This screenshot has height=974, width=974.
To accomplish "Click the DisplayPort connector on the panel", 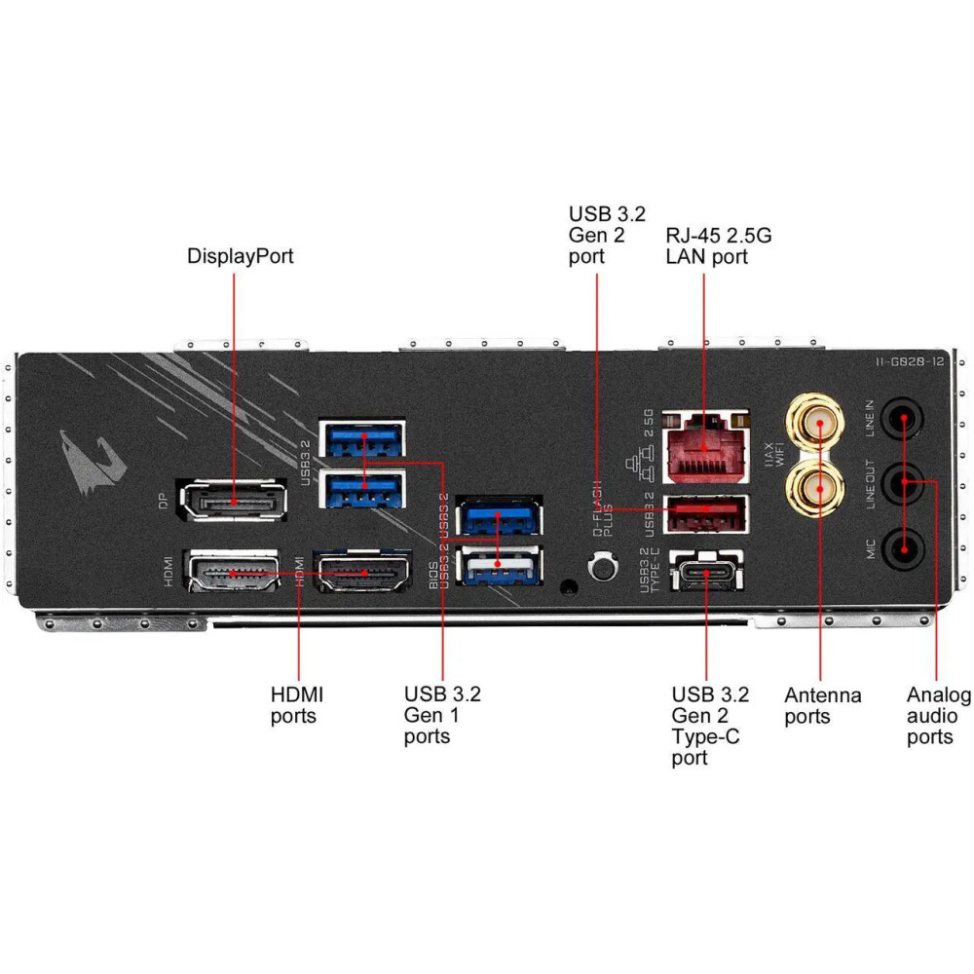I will coord(234,503).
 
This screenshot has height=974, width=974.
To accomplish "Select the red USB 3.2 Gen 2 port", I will coord(706,512).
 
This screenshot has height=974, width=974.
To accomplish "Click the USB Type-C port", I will coord(706,572).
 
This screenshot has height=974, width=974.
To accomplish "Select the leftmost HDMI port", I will coord(232,572).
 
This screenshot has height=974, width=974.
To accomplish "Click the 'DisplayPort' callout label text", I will coord(240,256).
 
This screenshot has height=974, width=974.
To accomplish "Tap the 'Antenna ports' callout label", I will coord(822,706).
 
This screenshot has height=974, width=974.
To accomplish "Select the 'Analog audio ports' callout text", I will coord(938,716).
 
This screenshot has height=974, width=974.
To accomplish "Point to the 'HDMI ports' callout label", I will coord(296,705).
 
